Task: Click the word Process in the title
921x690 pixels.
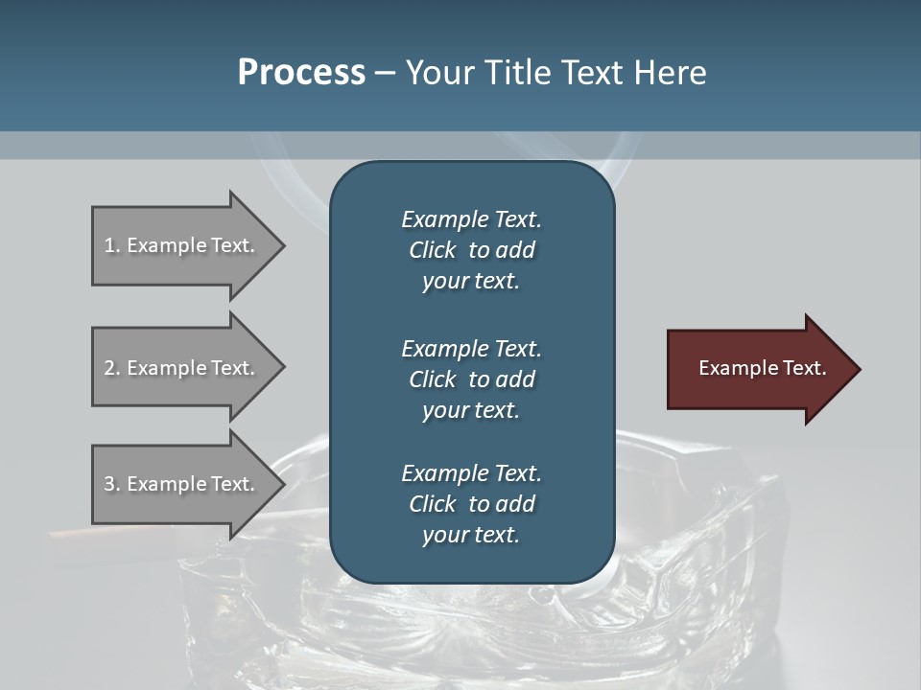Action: tap(301, 73)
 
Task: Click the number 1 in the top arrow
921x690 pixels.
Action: tap(109, 245)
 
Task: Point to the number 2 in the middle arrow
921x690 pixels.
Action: tap(109, 368)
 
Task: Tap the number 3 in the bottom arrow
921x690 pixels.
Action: tap(109, 484)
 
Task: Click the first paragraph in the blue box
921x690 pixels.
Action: tap(471, 250)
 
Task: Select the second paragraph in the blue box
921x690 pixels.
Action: tap(471, 379)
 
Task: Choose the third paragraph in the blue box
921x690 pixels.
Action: tap(471, 504)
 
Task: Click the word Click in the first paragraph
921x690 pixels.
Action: tap(432, 250)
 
